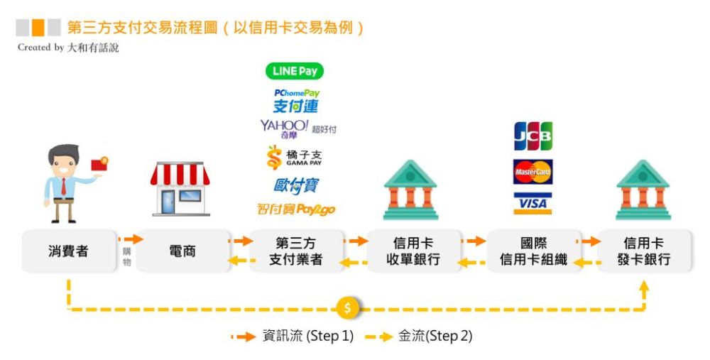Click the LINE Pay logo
(x=295, y=71)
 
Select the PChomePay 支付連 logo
(x=296, y=101)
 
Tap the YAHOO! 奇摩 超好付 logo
(x=298, y=129)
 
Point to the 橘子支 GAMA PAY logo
(x=295, y=158)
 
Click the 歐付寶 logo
(x=296, y=185)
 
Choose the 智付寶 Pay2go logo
(x=296, y=209)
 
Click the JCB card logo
(x=533, y=136)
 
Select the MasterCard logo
(x=533, y=172)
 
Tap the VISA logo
(x=533, y=203)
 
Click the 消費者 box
(x=69, y=251)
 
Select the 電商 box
(x=182, y=251)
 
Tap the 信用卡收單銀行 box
(x=413, y=251)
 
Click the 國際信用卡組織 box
(x=533, y=251)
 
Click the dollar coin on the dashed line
(x=348, y=308)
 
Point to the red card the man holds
(x=99, y=163)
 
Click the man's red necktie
(x=63, y=187)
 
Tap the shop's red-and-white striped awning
(x=180, y=175)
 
